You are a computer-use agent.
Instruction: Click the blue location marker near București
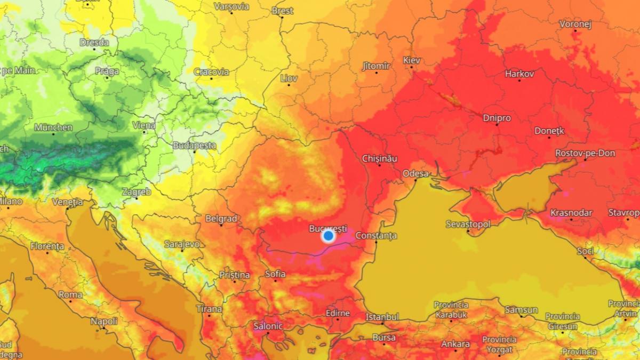pos(328,235)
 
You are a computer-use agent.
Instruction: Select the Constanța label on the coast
pos(376,235)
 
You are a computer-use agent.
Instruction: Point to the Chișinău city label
pos(380,158)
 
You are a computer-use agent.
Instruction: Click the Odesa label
pos(415,173)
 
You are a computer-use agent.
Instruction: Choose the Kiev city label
pos(412,60)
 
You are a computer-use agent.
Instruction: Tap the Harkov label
pos(519,74)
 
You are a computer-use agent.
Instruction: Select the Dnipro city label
pos(497,118)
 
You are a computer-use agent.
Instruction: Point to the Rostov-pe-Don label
pos(585,153)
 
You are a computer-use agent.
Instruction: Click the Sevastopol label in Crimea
pos(468,224)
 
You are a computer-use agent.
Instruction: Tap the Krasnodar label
pos(571,213)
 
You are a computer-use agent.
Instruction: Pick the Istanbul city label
pos(382,317)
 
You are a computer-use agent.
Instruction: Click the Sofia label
pos(275,274)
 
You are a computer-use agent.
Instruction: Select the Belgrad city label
pos(221,218)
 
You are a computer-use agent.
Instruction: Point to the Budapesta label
pos(194,145)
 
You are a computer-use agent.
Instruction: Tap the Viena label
pos(144,125)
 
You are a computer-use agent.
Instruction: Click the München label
pos(53,127)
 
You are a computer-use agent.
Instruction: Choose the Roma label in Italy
pos(70,294)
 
